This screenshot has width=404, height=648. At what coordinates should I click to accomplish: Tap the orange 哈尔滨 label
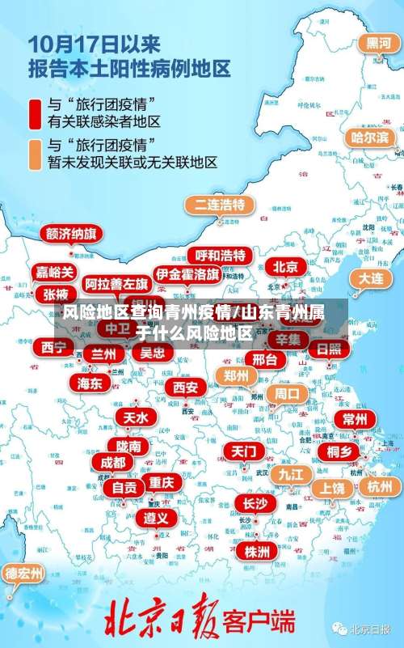[x=369, y=137]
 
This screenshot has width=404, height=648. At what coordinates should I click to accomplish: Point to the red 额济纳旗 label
[x=72, y=235]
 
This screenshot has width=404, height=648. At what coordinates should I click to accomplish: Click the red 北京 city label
[x=284, y=267]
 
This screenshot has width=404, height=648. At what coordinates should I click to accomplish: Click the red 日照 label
[x=329, y=349]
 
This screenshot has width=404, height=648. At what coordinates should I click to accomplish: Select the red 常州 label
[x=354, y=419]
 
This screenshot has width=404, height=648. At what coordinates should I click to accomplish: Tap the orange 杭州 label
[x=378, y=486]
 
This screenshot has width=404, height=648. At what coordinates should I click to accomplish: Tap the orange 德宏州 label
[x=25, y=574]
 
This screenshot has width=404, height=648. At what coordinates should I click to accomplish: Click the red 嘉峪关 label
[x=55, y=272]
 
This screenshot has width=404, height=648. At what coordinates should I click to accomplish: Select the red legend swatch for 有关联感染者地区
[x=35, y=112]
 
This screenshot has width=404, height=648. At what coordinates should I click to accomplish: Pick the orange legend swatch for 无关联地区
[x=35, y=154]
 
